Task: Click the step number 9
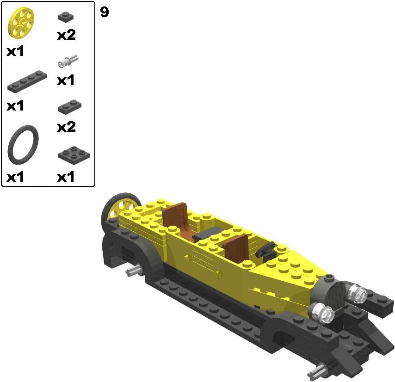pyautogui.click(x=104, y=12)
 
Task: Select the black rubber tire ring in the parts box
pyautogui.click(x=23, y=145)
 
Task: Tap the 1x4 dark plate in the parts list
pyautogui.click(x=27, y=81)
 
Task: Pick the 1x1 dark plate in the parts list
pyautogui.click(x=66, y=17)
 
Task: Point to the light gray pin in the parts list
pyautogui.click(x=68, y=61)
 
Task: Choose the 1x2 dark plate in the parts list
pyautogui.click(x=69, y=107)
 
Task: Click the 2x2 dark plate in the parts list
pyautogui.click(x=74, y=155)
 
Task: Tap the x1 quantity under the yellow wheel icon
pyautogui.click(x=15, y=51)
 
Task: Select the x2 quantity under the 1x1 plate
pyautogui.click(x=66, y=35)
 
